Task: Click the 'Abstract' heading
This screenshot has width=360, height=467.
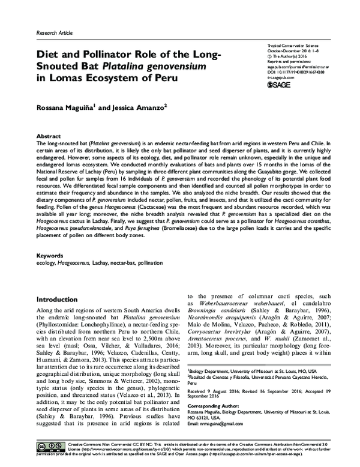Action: point(49,137)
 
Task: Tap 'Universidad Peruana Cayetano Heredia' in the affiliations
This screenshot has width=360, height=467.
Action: point(287,378)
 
